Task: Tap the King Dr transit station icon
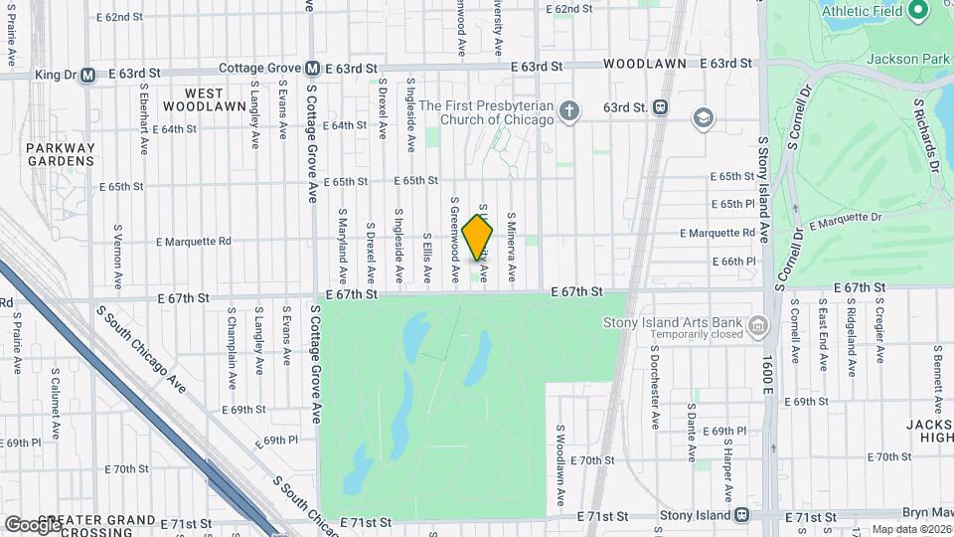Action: (x=87, y=74)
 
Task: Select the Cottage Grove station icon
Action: (x=312, y=69)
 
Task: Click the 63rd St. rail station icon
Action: (x=660, y=107)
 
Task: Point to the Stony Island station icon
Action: (x=740, y=516)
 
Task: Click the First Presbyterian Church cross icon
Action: (x=568, y=109)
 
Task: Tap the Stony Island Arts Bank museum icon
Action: (x=758, y=325)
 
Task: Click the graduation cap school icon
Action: (x=704, y=118)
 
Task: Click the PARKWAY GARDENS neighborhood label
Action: (x=61, y=154)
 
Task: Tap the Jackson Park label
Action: (x=908, y=59)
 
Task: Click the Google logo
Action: (x=32, y=523)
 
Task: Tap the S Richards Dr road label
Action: (x=926, y=132)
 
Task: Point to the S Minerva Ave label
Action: (x=512, y=244)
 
